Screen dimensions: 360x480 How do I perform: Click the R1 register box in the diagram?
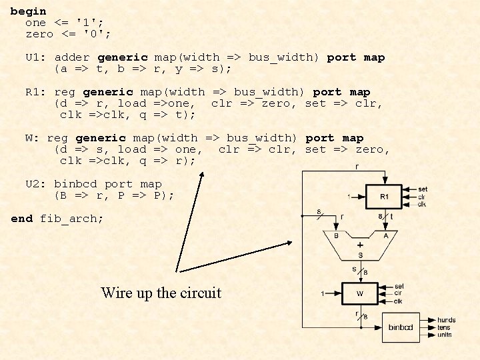[x=384, y=197]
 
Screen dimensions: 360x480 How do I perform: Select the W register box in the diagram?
[x=361, y=293]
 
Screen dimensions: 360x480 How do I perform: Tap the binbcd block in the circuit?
[x=401, y=327]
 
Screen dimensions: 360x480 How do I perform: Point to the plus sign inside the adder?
[x=360, y=245]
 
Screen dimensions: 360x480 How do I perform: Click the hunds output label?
[x=447, y=321]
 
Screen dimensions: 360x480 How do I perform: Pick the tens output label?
[x=444, y=327]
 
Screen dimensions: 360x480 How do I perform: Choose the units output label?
[x=445, y=335]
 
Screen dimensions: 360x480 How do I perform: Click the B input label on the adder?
[x=336, y=235]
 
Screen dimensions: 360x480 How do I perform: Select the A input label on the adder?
[x=385, y=235]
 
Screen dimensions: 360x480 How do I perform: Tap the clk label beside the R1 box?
[x=422, y=204]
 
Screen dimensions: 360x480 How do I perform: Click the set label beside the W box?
[x=399, y=287]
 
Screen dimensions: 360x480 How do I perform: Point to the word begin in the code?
[x=29, y=11]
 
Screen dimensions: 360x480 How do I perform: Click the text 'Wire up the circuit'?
[x=161, y=293]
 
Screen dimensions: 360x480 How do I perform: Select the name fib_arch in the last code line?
[x=72, y=218]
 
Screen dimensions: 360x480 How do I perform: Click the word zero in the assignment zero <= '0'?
[x=39, y=33]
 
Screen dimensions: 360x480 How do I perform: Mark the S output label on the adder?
[x=360, y=255]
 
